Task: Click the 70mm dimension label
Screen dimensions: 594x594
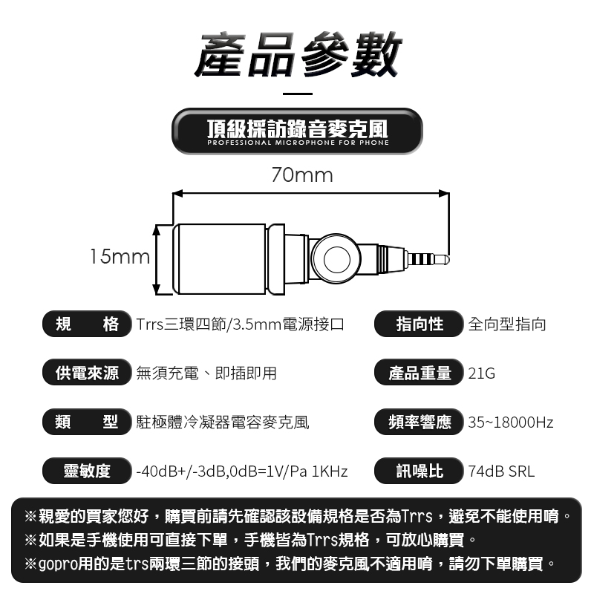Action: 302,175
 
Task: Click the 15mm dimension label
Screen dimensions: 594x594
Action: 120,256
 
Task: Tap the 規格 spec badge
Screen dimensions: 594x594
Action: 87,324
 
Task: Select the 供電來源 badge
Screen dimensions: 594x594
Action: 87,373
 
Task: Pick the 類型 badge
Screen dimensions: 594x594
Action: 87,422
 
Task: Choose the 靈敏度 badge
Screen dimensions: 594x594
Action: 87,471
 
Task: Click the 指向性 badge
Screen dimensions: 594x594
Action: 419,324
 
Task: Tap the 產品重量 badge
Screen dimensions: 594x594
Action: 419,373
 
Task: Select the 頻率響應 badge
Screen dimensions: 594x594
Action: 419,422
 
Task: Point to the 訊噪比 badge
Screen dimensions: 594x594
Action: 419,471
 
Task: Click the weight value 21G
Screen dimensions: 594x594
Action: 481,373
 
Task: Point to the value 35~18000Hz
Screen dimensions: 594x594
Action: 511,422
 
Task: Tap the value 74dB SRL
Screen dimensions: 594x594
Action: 501,471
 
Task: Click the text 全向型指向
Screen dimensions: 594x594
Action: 507,324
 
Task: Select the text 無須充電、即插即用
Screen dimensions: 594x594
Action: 206,373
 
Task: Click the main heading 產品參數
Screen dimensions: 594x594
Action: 298,54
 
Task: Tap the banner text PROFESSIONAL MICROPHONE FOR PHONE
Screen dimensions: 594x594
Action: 298,143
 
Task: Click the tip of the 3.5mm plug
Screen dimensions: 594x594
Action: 448,259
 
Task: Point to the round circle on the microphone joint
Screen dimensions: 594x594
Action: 337,259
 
